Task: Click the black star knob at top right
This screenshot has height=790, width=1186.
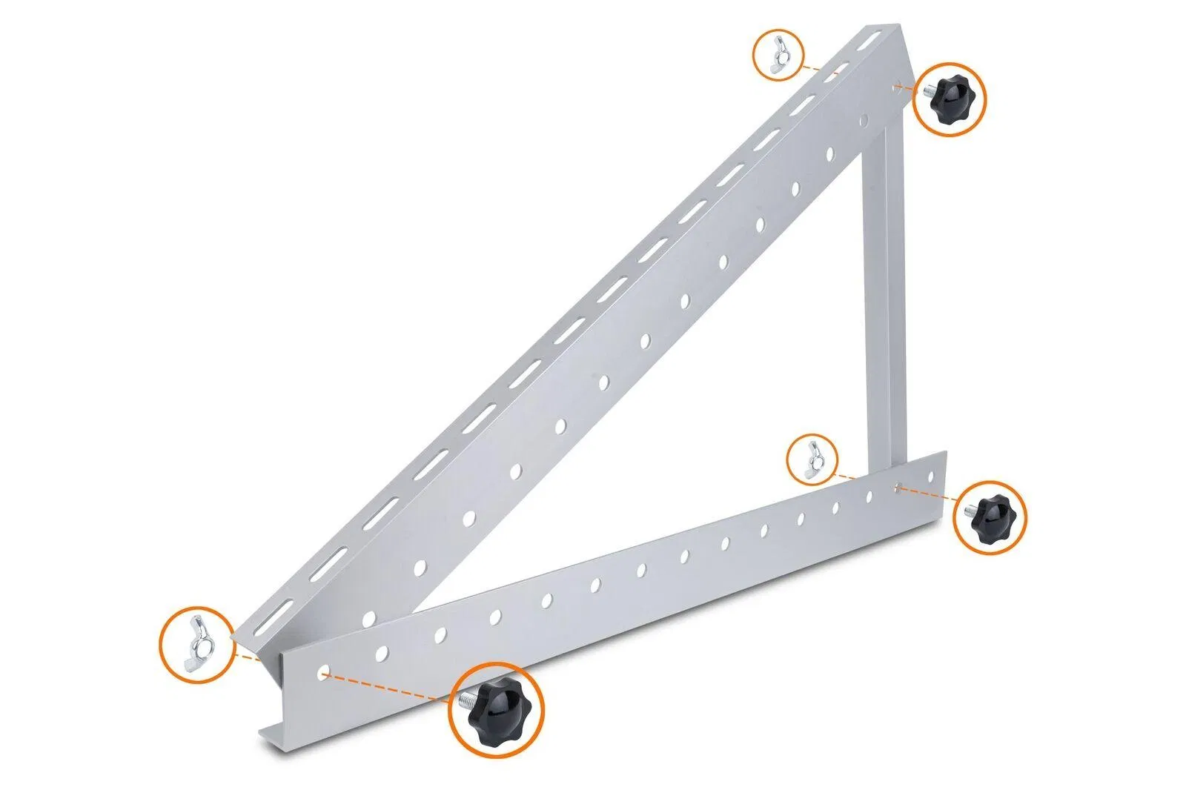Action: coord(951,99)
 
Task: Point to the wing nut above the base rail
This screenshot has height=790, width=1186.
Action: coord(813,458)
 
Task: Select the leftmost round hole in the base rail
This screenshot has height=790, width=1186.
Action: coord(323,673)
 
